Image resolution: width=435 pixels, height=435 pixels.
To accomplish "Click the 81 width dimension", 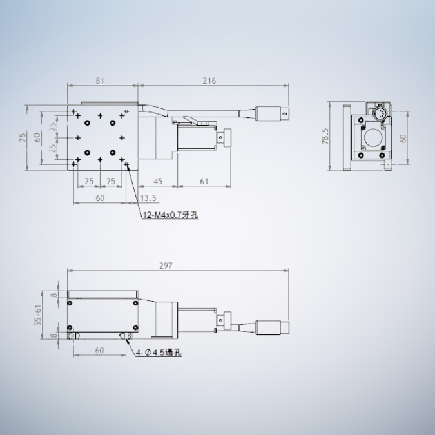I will click(x=100, y=81).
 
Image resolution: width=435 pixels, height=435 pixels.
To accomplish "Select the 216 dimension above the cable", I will click(x=209, y=81).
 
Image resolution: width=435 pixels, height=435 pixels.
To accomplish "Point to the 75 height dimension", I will click(x=23, y=137).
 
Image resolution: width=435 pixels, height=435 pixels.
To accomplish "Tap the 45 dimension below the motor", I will click(x=157, y=182).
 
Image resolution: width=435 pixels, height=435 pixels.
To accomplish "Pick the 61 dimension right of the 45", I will click(x=204, y=182).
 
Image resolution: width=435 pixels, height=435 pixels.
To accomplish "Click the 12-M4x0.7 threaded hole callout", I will click(x=170, y=215).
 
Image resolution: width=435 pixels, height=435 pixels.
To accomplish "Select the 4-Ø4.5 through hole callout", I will click(x=159, y=353).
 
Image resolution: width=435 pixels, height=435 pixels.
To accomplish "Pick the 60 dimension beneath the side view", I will click(x=100, y=351).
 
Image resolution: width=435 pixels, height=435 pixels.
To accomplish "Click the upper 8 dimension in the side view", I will click(x=54, y=295).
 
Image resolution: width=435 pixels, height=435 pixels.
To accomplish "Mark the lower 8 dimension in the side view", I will click(x=54, y=336).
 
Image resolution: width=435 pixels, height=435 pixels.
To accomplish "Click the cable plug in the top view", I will click(x=273, y=114).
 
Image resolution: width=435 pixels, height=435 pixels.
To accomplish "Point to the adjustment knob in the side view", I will click(x=226, y=320).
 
